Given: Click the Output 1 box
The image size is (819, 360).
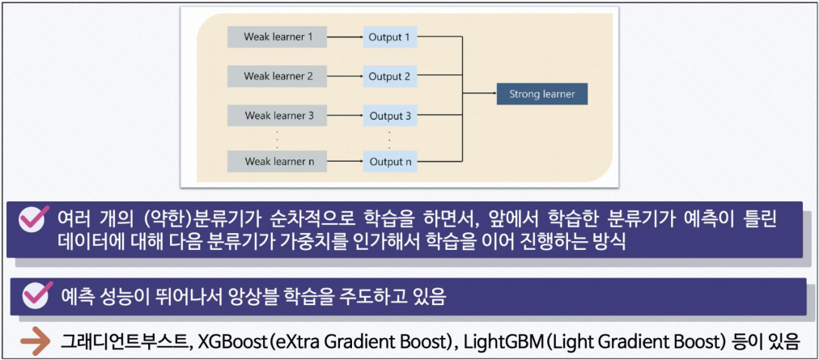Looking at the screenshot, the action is (390, 37).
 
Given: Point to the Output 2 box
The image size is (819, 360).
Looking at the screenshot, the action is (390, 77).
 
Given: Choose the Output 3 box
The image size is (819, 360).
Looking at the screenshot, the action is (390, 116).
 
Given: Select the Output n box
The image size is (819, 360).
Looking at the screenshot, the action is (390, 161).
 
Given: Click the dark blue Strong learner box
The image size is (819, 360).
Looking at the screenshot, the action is (541, 95).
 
